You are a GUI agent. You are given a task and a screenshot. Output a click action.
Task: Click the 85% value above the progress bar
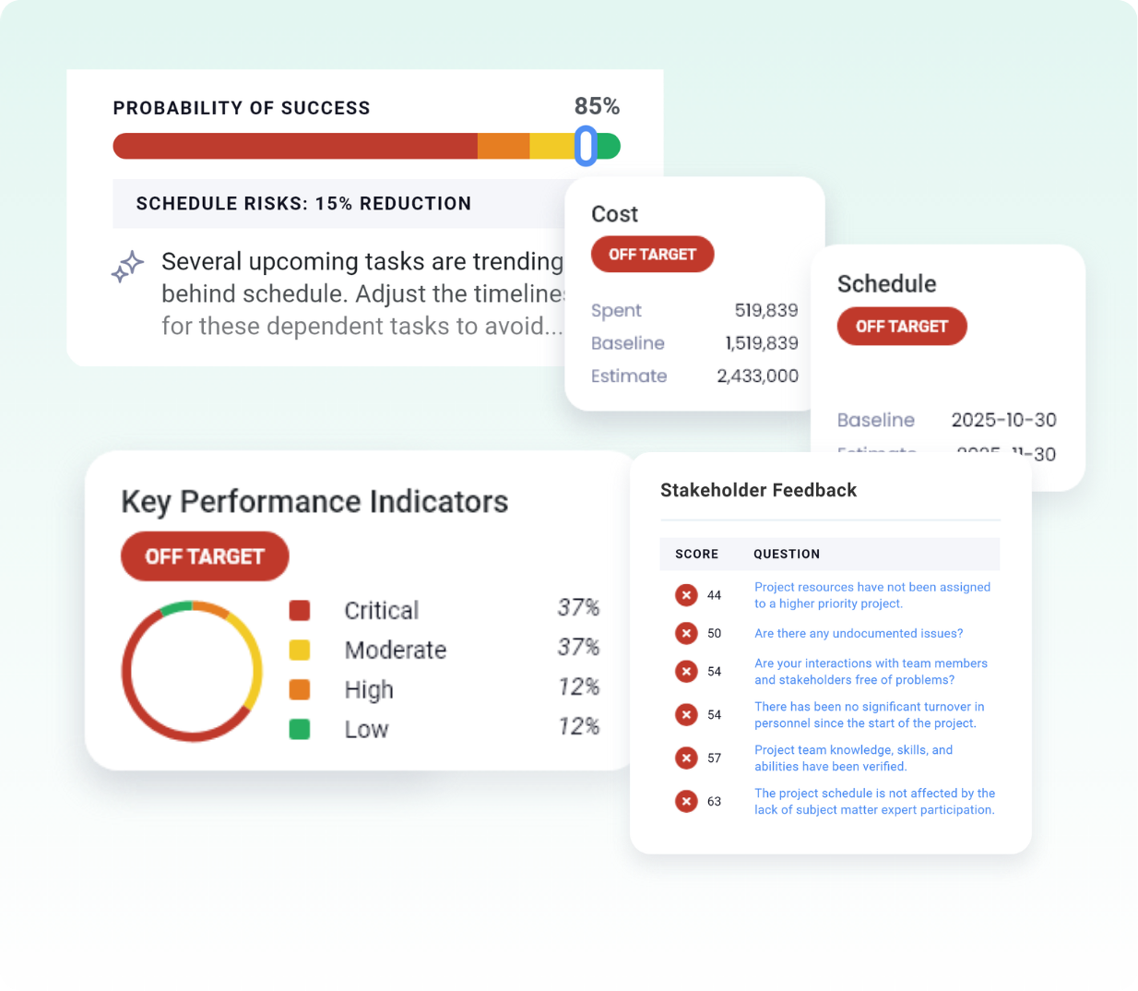[597, 107]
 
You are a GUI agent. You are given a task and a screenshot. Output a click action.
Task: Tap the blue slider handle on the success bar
[586, 146]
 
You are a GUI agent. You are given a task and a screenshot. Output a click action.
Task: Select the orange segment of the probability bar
[504, 146]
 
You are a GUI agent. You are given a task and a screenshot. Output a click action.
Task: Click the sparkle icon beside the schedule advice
[127, 267]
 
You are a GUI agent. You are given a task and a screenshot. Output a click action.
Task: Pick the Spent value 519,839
[765, 311]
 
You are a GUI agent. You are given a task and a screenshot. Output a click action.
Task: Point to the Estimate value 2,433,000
[757, 376]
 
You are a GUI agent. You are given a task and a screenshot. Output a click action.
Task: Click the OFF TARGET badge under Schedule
[901, 327]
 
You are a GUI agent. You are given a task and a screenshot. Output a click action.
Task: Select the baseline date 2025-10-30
[1003, 421]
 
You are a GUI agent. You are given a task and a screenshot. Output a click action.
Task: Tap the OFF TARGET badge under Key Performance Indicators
[205, 556]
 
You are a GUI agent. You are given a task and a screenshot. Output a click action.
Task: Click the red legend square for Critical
[300, 611]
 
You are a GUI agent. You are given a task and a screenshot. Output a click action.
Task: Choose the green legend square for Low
[300, 730]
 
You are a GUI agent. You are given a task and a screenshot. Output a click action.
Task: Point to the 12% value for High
[578, 687]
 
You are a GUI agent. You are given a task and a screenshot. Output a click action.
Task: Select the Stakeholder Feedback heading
[758, 491]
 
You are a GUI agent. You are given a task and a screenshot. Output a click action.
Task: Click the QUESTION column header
[786, 555]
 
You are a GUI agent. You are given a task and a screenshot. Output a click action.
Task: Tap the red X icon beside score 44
[686, 595]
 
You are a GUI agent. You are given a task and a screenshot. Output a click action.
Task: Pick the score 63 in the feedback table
[714, 802]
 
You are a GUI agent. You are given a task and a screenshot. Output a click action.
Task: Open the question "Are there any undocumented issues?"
[858, 634]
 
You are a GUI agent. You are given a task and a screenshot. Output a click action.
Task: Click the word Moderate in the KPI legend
[395, 651]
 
